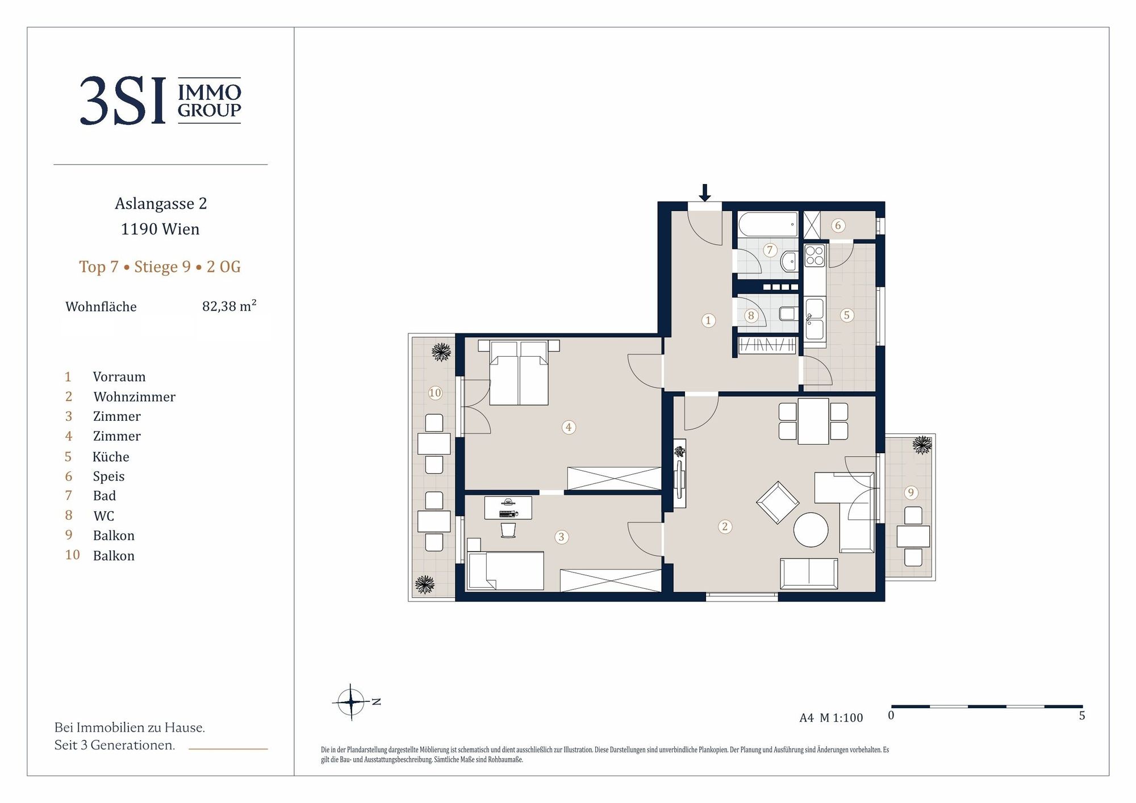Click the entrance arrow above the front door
coord(704,193)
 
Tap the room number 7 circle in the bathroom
coord(770,250)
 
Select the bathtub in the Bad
coord(768,224)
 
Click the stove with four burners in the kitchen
coord(815,256)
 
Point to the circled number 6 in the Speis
coord(837,225)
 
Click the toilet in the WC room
coord(788,313)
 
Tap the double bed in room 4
coord(519,373)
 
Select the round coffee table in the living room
coord(811,530)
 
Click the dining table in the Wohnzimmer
coord(813,421)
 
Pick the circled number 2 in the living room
coord(724,526)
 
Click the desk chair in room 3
coord(508,530)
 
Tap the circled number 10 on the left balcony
coord(435,392)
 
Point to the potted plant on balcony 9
coord(922,444)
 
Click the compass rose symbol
coord(352,702)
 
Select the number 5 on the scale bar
coord(1082,716)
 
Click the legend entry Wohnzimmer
coord(135,397)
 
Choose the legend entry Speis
coord(108,476)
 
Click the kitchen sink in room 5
coord(815,319)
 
